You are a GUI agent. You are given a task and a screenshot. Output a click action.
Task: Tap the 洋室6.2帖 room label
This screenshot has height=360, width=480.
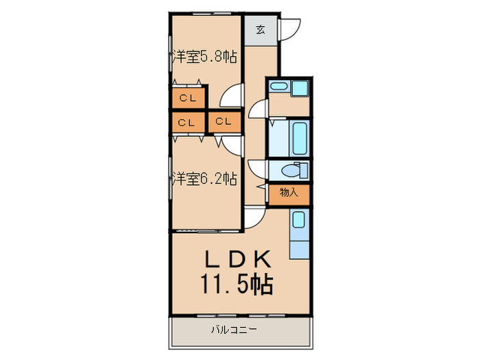click(204, 179)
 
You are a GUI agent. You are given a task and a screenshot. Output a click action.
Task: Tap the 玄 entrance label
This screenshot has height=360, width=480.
click(261, 29)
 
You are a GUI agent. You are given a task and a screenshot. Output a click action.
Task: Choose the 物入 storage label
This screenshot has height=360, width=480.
click(289, 193)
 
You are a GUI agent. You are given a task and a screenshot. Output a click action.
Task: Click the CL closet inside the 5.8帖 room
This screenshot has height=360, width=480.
click(188, 98)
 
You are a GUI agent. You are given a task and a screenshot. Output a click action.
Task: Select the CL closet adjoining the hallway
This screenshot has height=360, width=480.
click(224, 122)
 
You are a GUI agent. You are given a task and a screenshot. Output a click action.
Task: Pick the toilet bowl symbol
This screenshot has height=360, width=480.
click(295, 170)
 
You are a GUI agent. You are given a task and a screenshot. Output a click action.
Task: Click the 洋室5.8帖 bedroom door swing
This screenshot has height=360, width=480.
click(235, 94)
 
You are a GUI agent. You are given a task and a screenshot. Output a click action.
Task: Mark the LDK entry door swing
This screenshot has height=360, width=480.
click(254, 216)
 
